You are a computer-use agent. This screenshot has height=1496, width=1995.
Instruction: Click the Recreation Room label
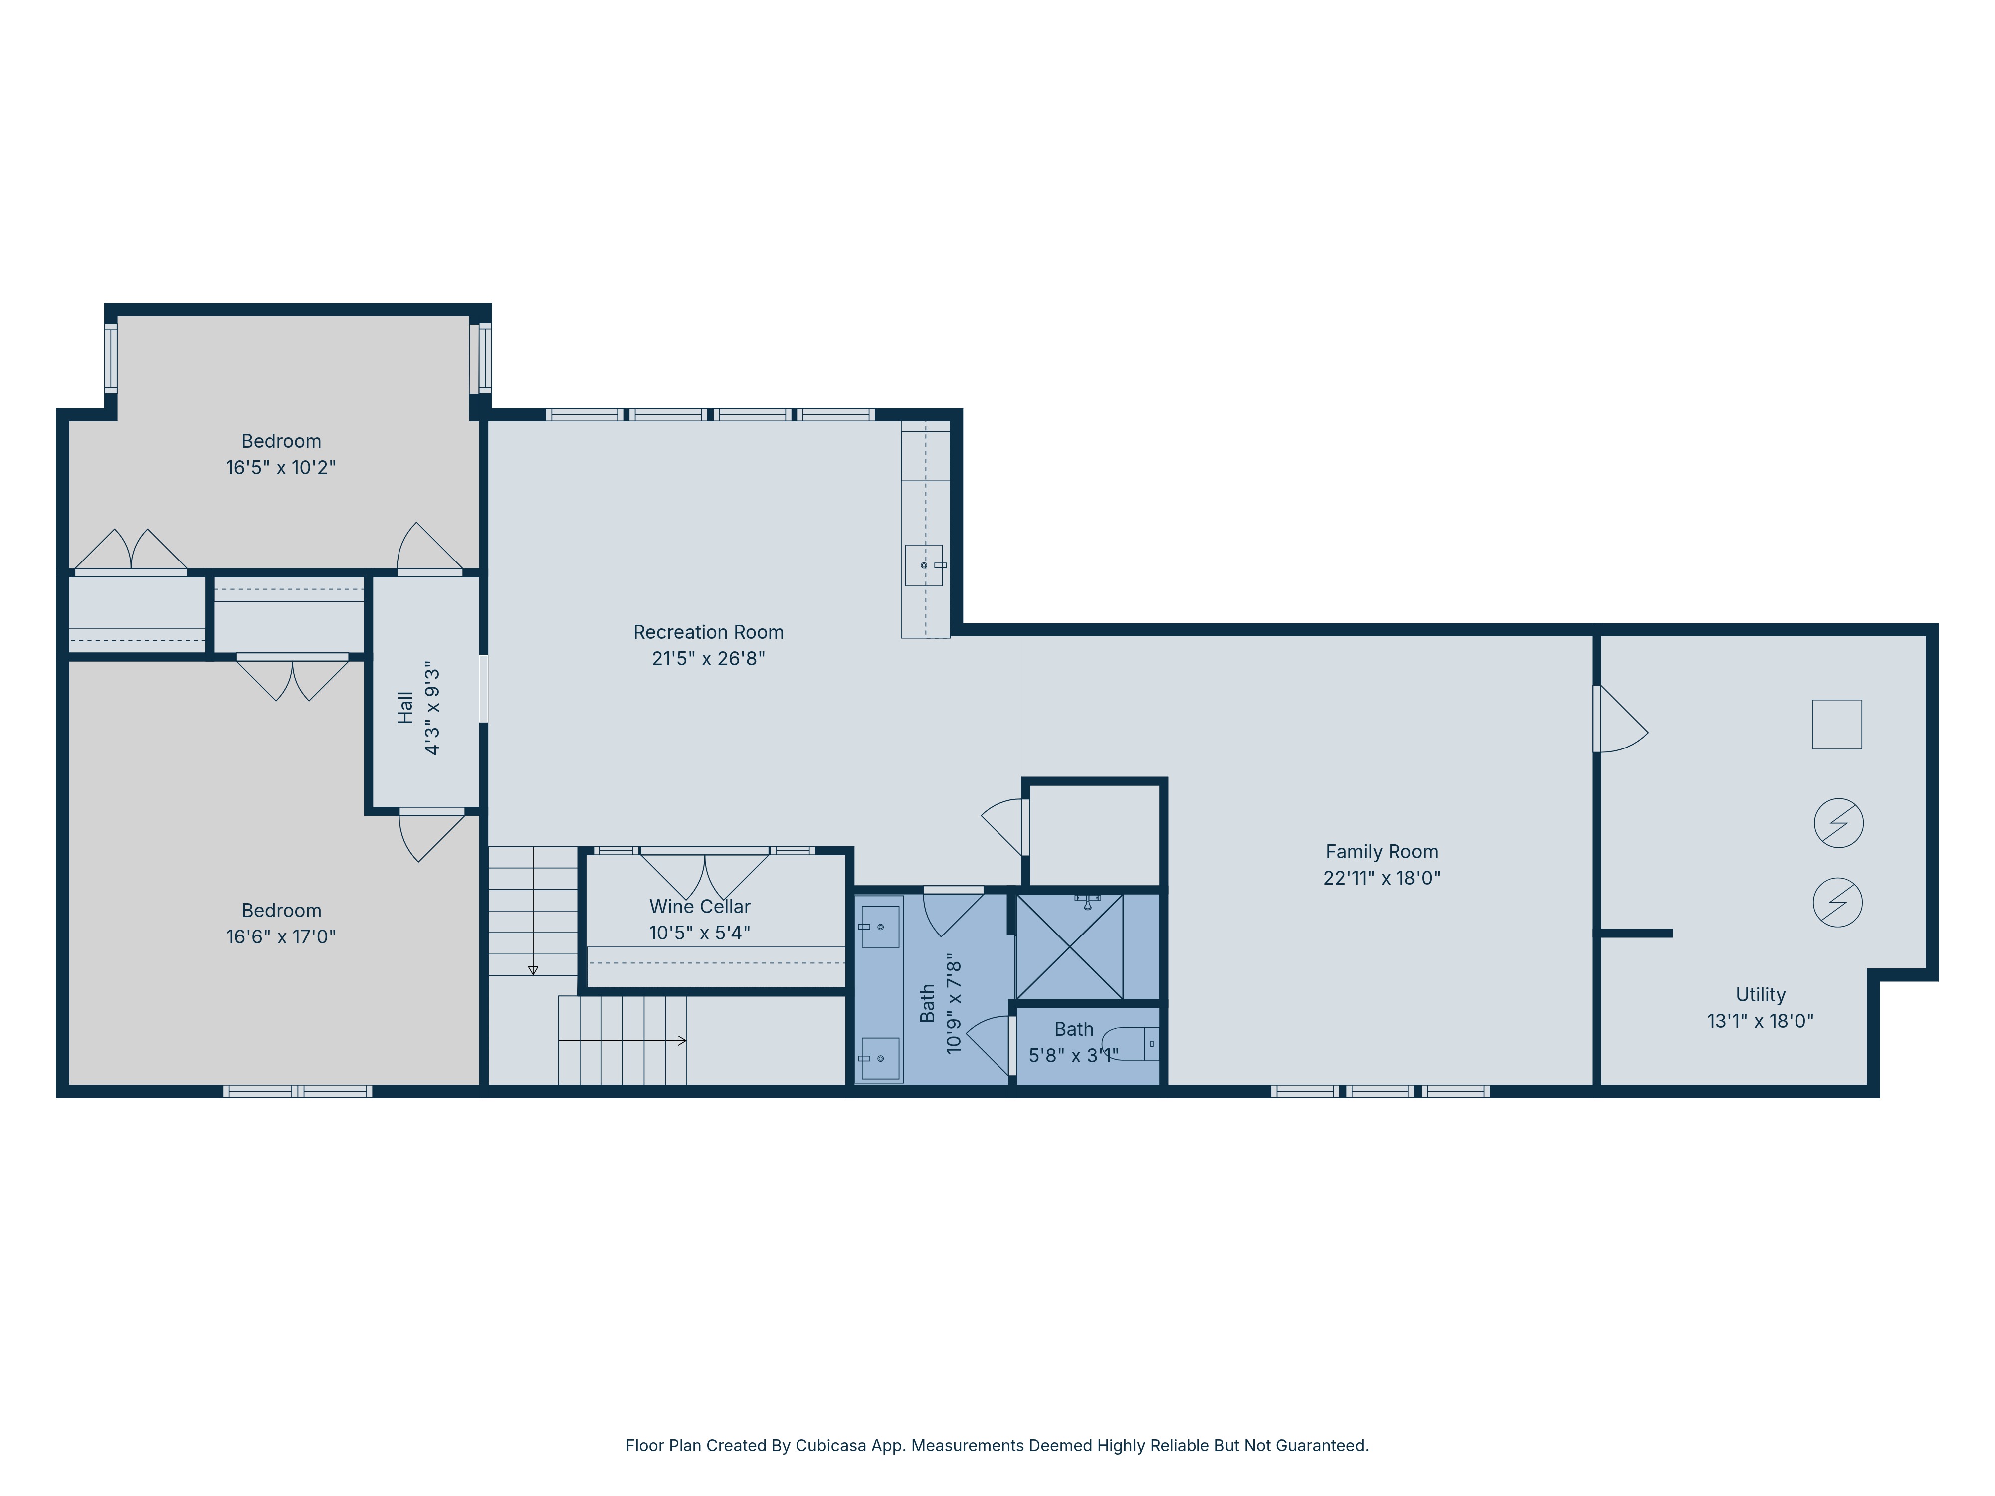[708, 632]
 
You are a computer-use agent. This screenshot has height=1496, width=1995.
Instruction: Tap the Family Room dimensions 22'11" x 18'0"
[1381, 877]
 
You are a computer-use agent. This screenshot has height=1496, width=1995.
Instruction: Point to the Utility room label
[1760, 995]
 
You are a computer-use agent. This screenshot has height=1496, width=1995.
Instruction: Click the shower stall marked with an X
[1070, 947]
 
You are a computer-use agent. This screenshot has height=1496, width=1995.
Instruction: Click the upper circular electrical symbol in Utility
[1838, 822]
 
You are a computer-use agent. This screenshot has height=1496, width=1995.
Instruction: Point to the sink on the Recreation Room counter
[924, 565]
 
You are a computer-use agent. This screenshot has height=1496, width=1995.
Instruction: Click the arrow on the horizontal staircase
[681, 1041]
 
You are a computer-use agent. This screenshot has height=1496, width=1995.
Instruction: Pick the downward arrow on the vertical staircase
[533, 970]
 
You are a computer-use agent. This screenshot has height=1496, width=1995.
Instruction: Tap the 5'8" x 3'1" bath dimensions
[1073, 1055]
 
